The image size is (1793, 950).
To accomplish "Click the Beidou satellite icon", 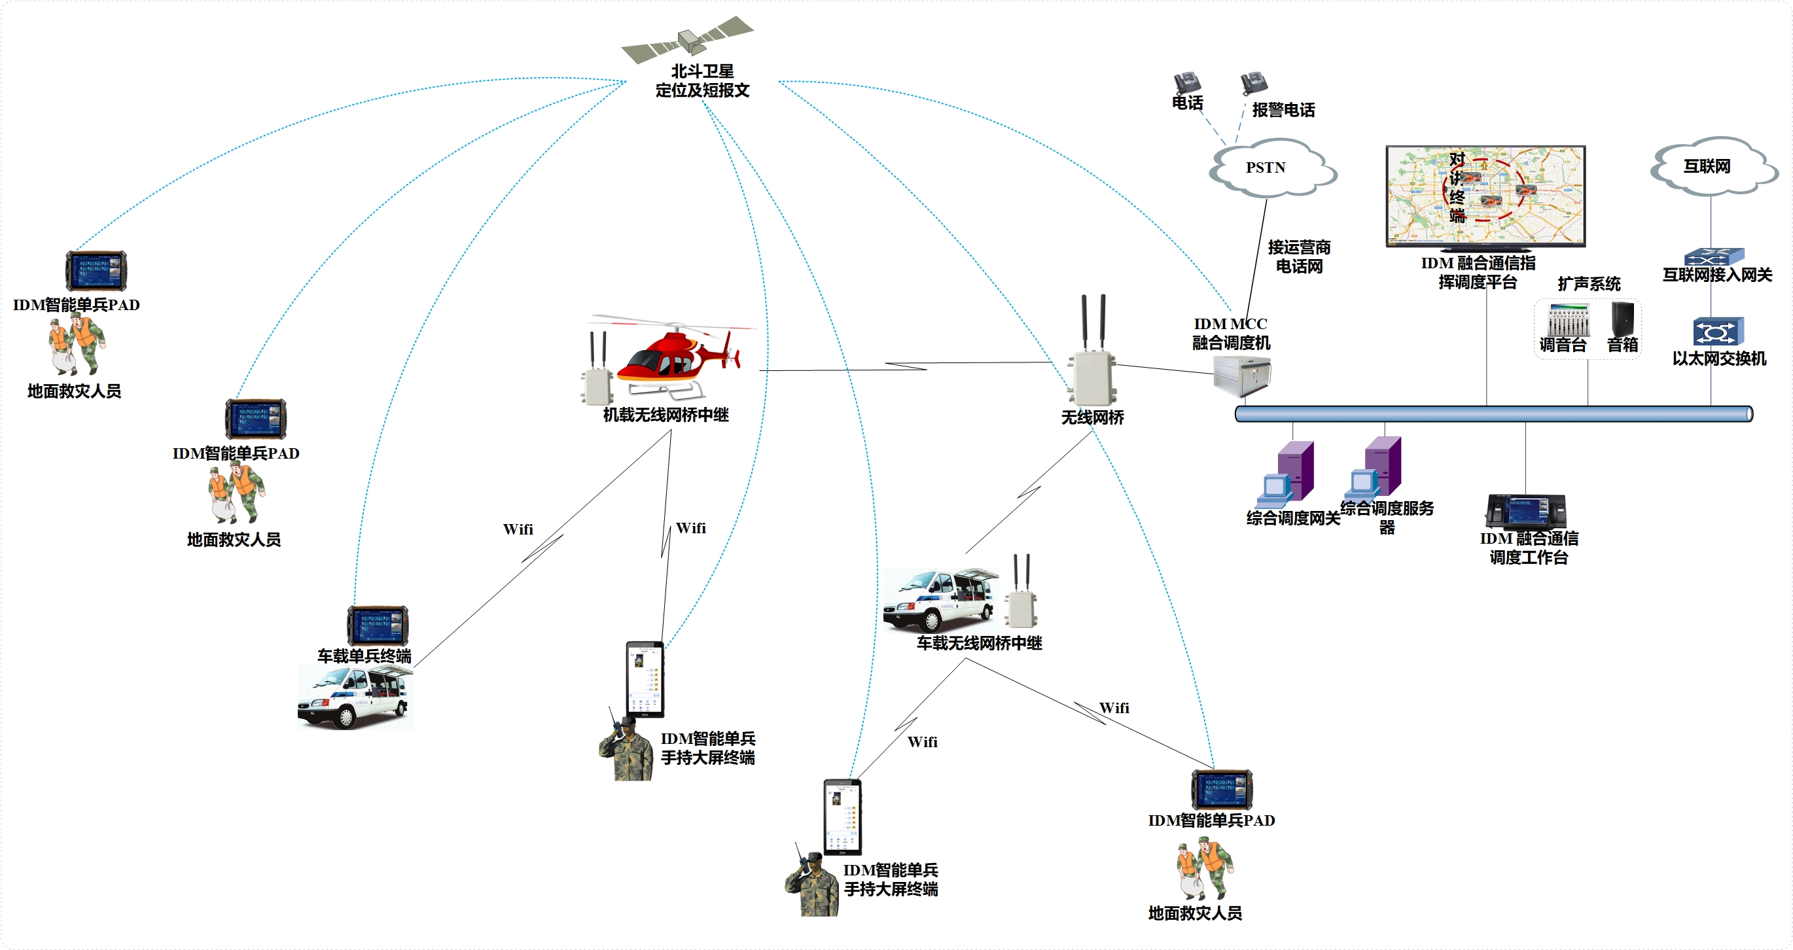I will tap(688, 39).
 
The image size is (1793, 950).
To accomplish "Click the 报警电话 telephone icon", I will tap(1254, 84).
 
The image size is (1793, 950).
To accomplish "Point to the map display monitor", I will tap(1485, 196).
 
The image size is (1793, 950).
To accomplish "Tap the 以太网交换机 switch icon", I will tap(1718, 331).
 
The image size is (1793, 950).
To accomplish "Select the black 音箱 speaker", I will tap(1622, 319).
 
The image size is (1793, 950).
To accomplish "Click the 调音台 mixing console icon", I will tap(1567, 321).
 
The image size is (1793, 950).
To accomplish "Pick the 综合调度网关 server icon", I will tap(1288, 474).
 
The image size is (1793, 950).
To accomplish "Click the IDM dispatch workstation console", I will tap(1526, 511).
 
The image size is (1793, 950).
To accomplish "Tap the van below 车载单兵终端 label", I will tap(354, 697).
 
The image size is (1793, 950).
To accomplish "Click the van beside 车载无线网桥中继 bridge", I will tap(939, 600).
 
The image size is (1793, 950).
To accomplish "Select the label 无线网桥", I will tap(1092, 417).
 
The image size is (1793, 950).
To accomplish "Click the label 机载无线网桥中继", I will tap(666, 415).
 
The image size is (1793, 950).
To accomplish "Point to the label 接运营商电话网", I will tap(1299, 257).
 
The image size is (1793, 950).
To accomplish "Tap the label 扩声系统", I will tap(1589, 284).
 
